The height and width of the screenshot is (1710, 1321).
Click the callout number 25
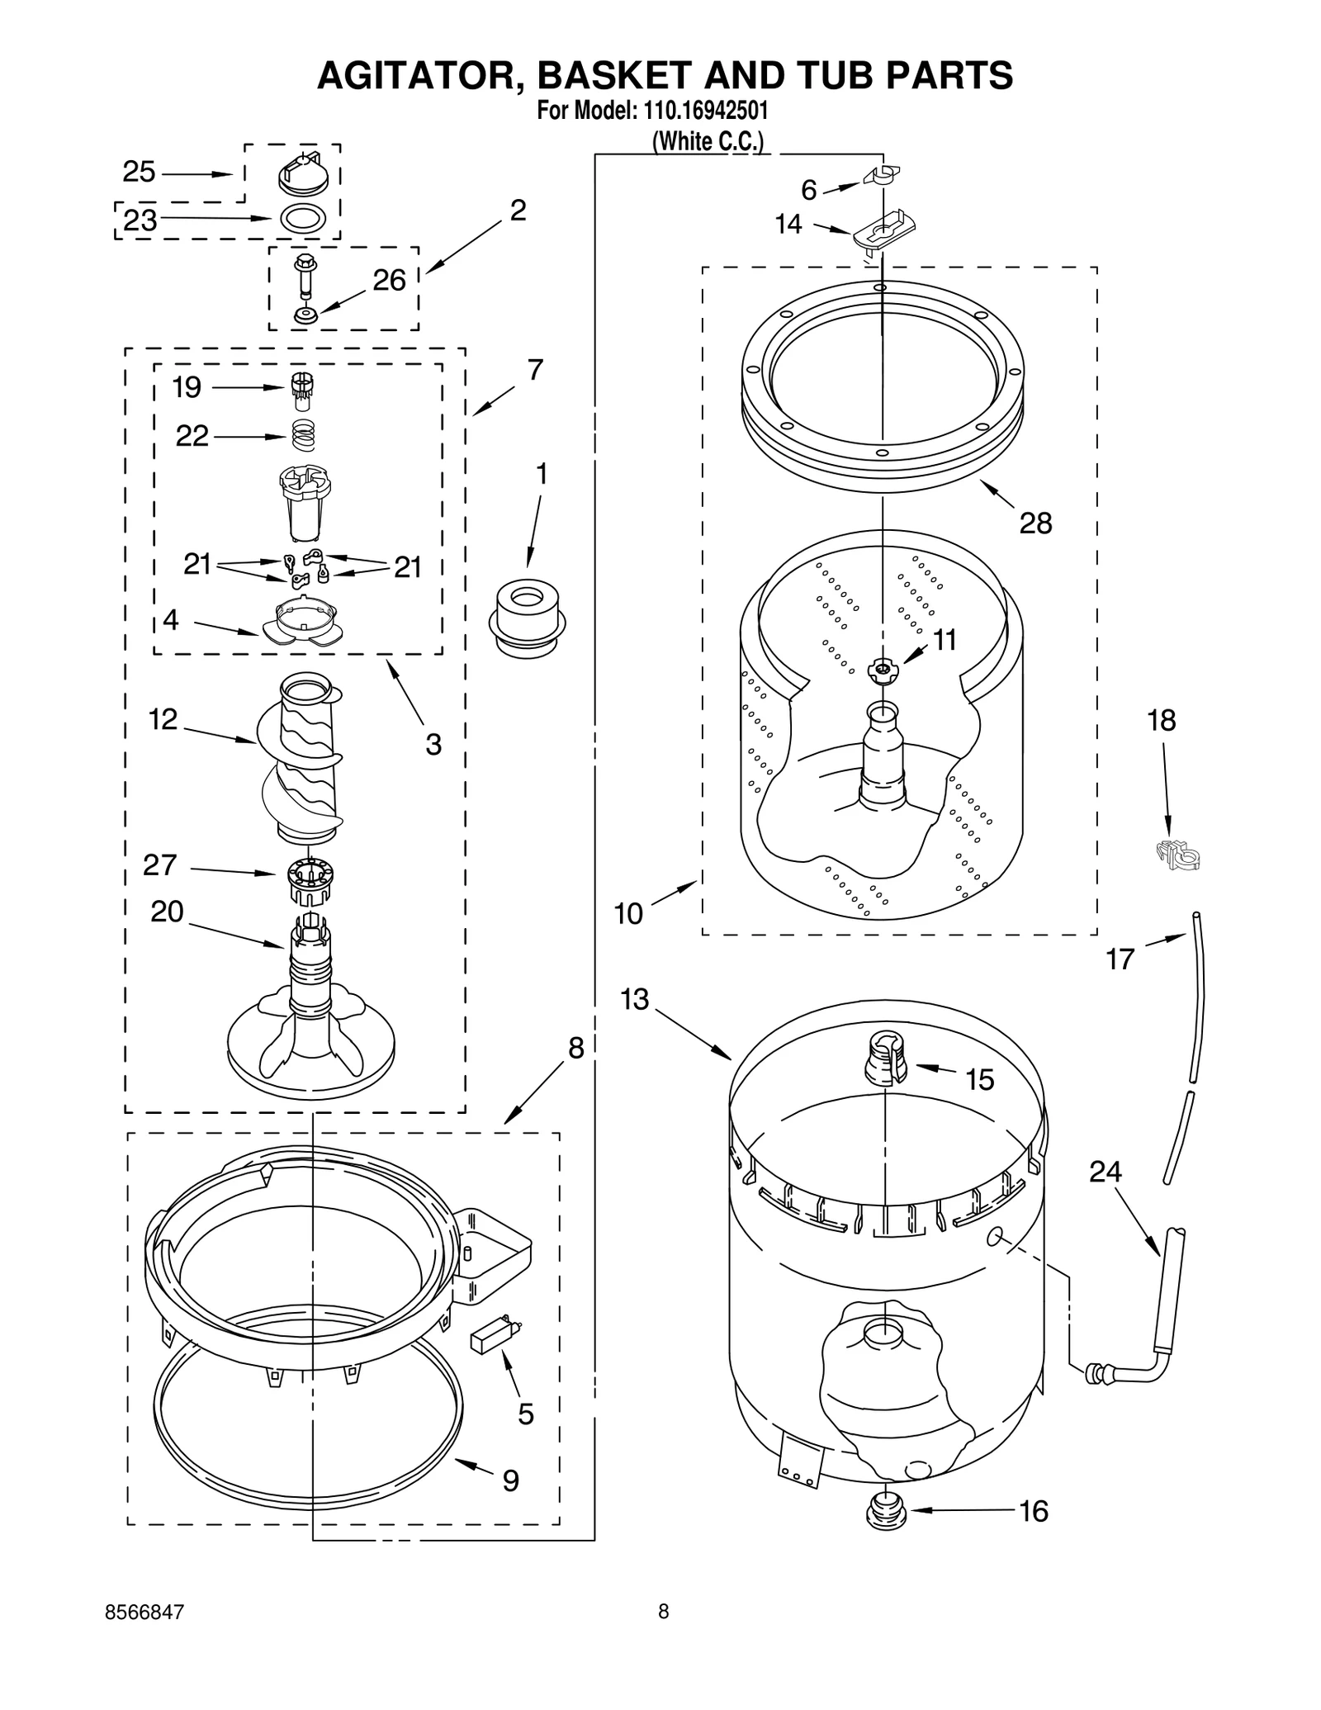click(139, 172)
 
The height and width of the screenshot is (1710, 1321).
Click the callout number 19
click(187, 386)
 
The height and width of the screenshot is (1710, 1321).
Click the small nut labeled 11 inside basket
click(882, 670)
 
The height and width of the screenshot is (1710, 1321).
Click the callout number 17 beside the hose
click(1120, 959)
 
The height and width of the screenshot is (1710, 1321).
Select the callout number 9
click(511, 1480)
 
